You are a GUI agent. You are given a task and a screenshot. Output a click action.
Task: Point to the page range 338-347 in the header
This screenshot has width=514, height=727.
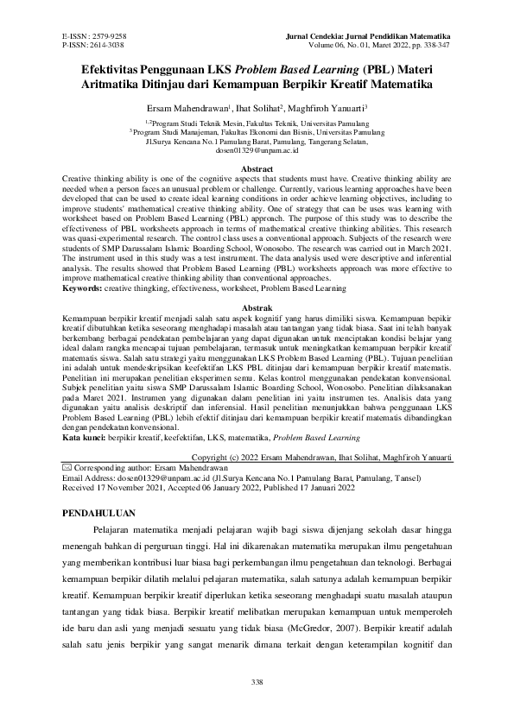pyautogui.click(x=435, y=43)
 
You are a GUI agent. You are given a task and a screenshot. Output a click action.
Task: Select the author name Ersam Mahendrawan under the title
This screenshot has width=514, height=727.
pyautogui.click(x=187, y=111)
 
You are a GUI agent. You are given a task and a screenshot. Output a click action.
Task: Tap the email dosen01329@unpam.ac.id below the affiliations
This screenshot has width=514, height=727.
pyautogui.click(x=257, y=150)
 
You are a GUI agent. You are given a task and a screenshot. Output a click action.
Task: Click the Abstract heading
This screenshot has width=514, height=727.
pyautogui.click(x=257, y=168)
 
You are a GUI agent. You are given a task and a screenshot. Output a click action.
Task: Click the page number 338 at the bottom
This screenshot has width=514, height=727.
pyautogui.click(x=257, y=683)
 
